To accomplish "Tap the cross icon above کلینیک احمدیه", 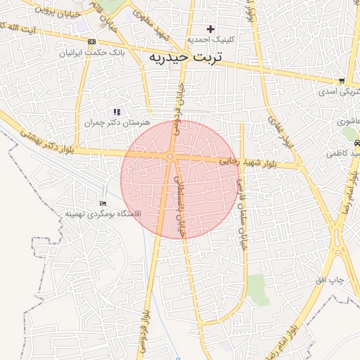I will tap(210, 29).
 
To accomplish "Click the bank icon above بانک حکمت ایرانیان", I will tap(91, 41).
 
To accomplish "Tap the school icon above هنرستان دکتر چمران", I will tap(117, 112).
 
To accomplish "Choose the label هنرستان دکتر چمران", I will tap(117, 122).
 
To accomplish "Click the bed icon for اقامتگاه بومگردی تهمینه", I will tap(104, 203).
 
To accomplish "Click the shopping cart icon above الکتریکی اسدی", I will tap(341, 81).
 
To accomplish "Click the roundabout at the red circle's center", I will tap(170, 156).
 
